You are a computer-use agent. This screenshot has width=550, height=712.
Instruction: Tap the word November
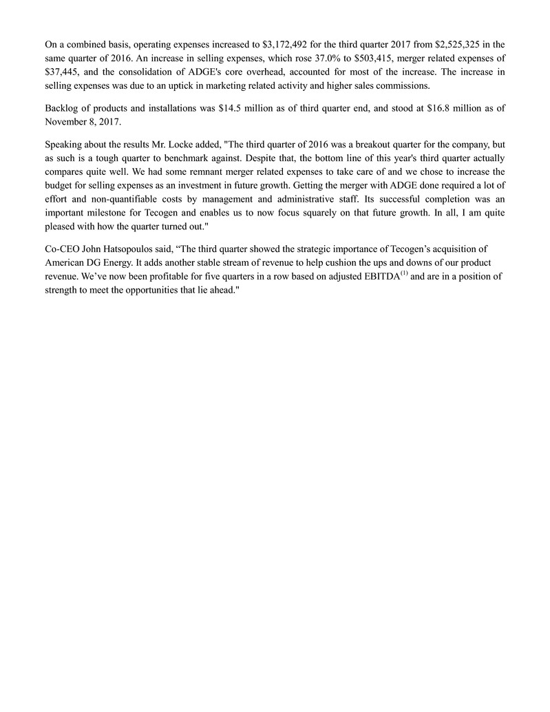(x=67, y=123)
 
